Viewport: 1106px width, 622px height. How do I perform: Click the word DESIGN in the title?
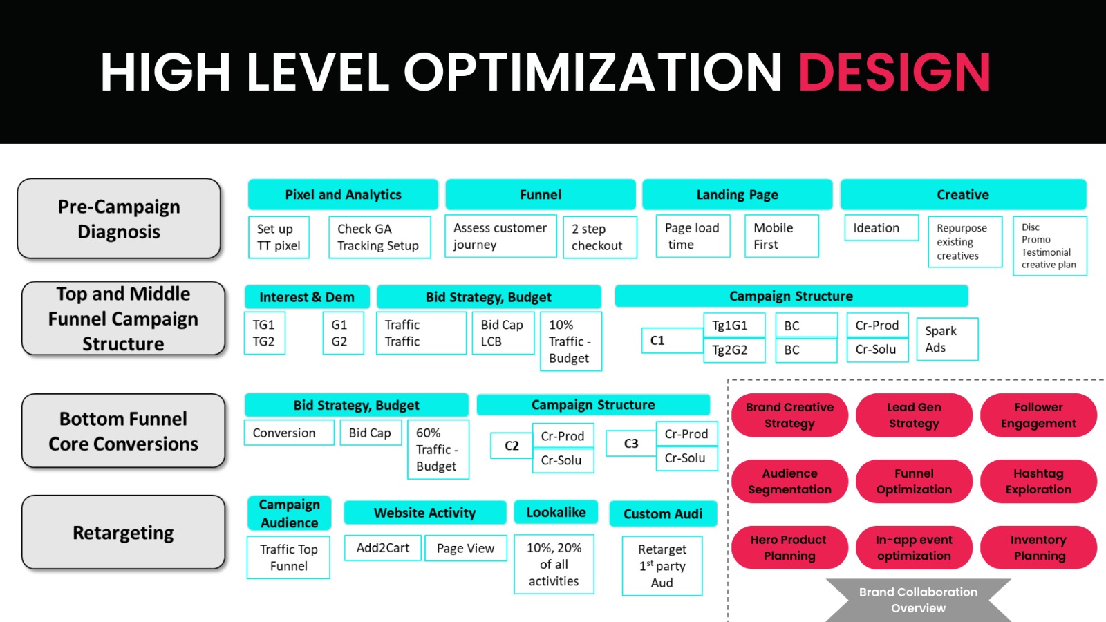(894, 72)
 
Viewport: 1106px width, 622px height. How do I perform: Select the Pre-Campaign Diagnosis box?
(119, 218)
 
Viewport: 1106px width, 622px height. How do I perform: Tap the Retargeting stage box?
(124, 532)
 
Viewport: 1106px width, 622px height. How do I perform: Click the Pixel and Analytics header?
(343, 194)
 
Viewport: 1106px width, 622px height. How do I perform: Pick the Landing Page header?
(737, 194)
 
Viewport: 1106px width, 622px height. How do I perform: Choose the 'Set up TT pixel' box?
(279, 238)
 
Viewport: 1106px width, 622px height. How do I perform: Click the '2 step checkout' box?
(600, 238)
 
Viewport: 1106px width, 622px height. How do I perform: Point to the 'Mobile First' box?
(782, 236)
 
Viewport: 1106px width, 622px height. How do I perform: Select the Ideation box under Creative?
(881, 227)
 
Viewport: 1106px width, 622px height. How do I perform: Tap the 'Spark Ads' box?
(947, 339)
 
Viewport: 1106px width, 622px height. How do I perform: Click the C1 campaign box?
(673, 340)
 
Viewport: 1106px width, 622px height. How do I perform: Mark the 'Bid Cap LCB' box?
(503, 333)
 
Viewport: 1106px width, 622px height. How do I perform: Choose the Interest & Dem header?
(307, 296)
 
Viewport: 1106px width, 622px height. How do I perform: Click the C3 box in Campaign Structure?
(631, 443)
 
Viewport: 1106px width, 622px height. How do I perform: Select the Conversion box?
(289, 433)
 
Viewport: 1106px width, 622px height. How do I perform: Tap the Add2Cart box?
(383, 548)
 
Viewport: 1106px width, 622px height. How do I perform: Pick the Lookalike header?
(556, 512)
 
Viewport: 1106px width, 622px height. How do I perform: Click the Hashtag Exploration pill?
(1038, 481)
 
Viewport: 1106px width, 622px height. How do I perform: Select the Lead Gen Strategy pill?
(914, 415)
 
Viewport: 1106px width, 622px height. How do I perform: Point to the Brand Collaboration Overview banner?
(919, 600)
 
